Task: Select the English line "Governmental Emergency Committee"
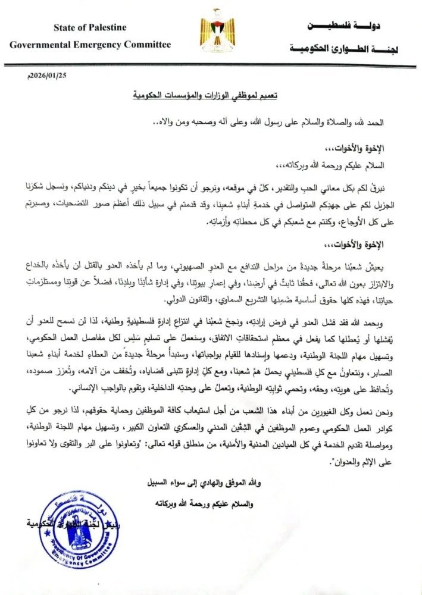tap(90, 45)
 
